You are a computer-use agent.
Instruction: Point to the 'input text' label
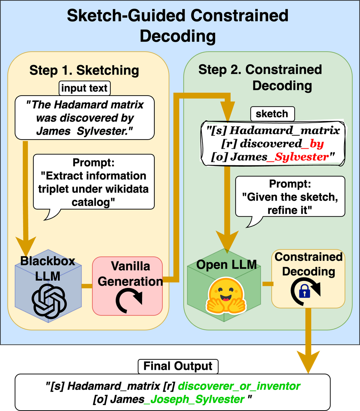click(x=84, y=88)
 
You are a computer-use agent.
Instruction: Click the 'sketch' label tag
click(x=272, y=114)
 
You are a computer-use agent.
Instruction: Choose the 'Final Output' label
click(x=178, y=366)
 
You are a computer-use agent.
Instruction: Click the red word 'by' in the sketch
click(x=316, y=144)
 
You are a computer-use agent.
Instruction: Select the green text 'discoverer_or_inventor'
click(x=239, y=386)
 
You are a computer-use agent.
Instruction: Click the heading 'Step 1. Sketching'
click(x=84, y=70)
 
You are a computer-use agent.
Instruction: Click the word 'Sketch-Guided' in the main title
click(x=123, y=16)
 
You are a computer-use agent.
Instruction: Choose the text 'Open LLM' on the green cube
click(x=226, y=264)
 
